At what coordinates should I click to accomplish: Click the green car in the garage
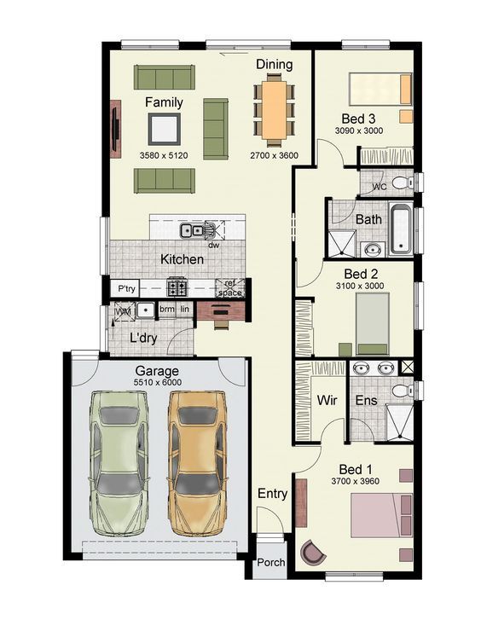[119, 463]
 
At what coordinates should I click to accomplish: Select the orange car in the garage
[198, 463]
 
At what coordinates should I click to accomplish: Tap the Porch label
[271, 562]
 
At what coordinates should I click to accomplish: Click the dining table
[274, 109]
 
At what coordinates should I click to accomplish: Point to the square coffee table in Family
[164, 129]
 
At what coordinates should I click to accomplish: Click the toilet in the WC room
[402, 183]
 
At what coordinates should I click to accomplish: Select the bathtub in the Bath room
[402, 229]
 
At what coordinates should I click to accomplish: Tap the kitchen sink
[192, 229]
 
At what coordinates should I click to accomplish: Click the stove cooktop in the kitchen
[177, 287]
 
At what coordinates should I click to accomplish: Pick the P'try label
[126, 288]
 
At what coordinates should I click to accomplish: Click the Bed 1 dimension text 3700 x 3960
[356, 481]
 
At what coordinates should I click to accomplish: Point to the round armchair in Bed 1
[312, 552]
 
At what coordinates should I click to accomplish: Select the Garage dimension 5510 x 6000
[158, 382]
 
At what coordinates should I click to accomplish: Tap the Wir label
[327, 400]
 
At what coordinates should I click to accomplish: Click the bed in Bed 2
[372, 323]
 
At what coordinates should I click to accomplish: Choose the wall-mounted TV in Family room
[115, 129]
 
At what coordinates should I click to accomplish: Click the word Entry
[272, 494]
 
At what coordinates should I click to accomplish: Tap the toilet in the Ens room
[403, 391]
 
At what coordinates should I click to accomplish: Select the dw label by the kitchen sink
[214, 246]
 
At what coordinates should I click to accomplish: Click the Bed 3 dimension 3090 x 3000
[359, 130]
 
